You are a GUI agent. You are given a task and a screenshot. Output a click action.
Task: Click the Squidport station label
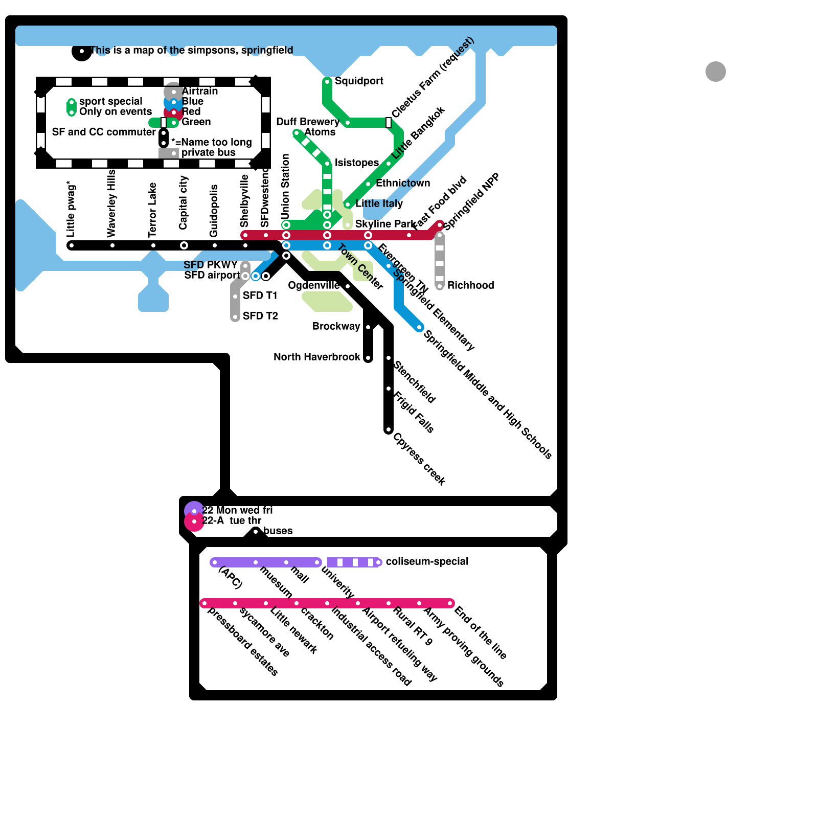[x=359, y=81]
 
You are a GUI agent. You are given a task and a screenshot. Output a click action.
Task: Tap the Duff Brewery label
[x=307, y=122]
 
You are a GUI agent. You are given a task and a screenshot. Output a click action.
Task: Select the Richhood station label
[x=470, y=285]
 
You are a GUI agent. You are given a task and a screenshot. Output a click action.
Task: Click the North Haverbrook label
[x=316, y=357]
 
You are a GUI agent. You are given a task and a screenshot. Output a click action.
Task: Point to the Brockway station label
[x=336, y=326]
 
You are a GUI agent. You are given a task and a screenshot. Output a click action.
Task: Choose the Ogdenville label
[x=313, y=285]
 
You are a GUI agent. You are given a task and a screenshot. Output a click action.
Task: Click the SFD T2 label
[x=260, y=316]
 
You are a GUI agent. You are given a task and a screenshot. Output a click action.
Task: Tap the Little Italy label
[x=379, y=203]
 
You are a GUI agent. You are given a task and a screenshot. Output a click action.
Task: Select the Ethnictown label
[x=403, y=183]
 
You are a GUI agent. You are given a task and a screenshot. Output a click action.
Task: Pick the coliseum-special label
[x=427, y=561]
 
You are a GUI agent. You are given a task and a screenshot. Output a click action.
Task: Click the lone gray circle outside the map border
[x=716, y=72]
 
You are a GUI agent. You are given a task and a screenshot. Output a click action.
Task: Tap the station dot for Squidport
[x=327, y=81]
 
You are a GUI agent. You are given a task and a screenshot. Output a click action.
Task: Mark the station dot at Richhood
[x=440, y=286]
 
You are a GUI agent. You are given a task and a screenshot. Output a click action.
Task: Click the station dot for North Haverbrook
[x=368, y=358]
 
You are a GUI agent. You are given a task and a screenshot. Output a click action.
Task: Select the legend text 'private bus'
[x=208, y=152]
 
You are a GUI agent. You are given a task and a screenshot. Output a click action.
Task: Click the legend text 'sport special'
[x=110, y=101]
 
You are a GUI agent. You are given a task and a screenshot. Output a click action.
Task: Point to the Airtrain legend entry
[x=199, y=91]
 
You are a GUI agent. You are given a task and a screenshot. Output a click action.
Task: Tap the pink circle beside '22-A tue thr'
[x=194, y=521]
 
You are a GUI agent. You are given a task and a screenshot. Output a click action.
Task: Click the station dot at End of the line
[x=450, y=603]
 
